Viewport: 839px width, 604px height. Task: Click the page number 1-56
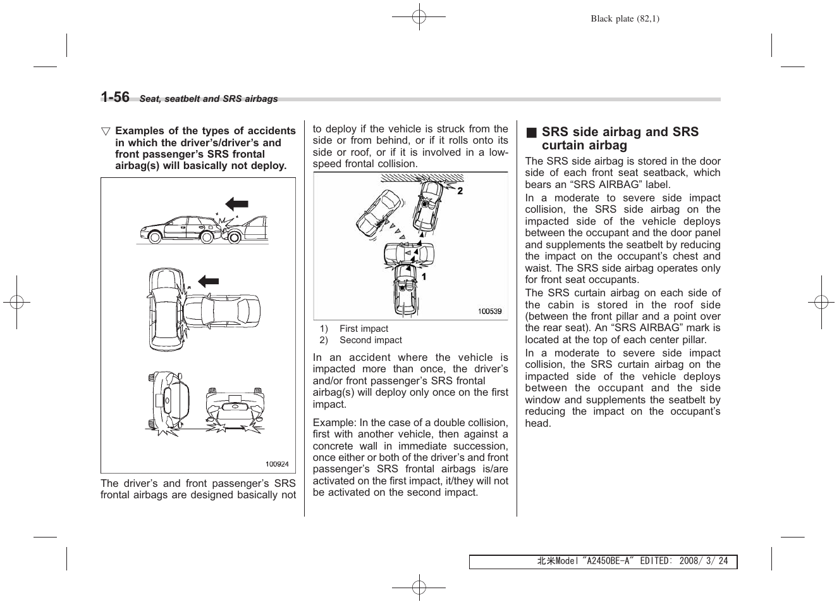coord(115,97)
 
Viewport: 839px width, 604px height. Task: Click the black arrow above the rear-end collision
coord(237,204)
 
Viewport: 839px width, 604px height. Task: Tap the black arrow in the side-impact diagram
coord(208,281)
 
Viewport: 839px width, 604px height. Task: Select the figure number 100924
coord(276,464)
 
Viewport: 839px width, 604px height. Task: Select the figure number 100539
coord(489,311)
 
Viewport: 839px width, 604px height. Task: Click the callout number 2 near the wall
coord(460,191)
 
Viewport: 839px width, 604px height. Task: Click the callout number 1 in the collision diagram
coord(424,277)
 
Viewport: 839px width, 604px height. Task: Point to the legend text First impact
coord(364,329)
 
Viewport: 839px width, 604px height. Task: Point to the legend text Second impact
coord(371,340)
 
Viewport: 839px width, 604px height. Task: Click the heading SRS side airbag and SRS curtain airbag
coord(620,139)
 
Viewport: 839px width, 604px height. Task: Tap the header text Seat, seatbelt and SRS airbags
coord(209,99)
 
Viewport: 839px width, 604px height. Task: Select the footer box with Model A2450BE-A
coord(603,562)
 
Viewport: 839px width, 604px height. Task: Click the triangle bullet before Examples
coord(106,131)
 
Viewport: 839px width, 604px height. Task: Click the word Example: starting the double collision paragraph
coord(334,423)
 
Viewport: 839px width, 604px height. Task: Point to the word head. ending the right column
coord(538,424)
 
